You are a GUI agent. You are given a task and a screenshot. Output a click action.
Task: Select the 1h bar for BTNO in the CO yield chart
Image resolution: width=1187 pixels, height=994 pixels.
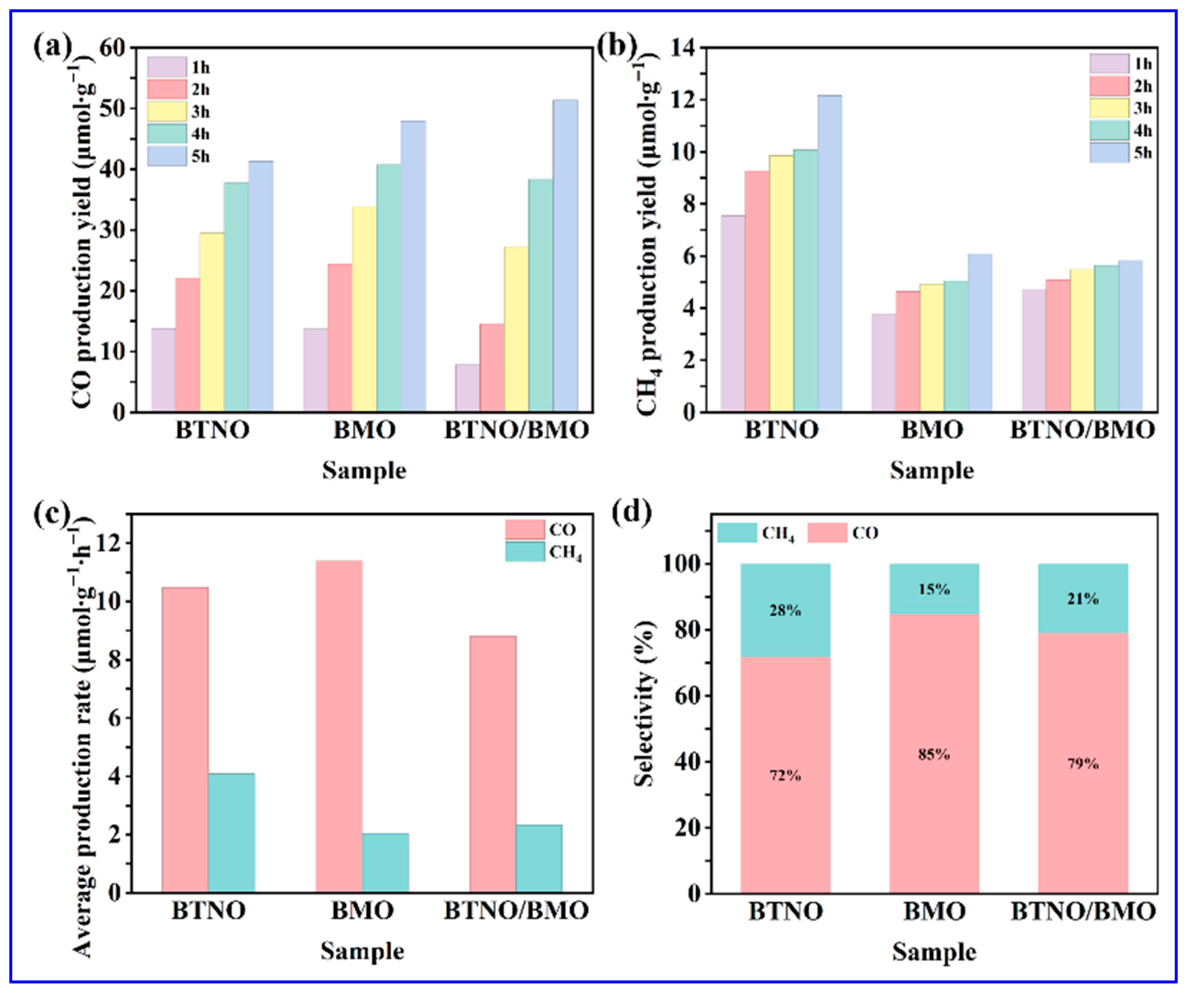(x=163, y=370)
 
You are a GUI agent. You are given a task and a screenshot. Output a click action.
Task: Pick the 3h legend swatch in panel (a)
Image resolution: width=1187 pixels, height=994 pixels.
(x=167, y=112)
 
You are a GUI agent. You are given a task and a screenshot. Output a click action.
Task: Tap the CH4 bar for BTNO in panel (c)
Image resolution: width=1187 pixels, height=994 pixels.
(x=231, y=833)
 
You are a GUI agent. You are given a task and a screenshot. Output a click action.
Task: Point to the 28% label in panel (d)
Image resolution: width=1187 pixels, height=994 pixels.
(x=785, y=611)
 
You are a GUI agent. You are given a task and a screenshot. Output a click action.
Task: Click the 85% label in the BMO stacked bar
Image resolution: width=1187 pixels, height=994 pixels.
(x=934, y=755)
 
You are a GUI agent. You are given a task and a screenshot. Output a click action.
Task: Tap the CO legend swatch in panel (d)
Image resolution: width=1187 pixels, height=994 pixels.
(x=827, y=532)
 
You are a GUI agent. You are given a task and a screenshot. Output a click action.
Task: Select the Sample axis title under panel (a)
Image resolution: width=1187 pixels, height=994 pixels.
(x=364, y=470)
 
